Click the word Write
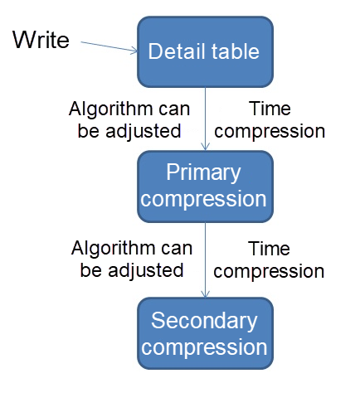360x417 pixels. tap(41, 39)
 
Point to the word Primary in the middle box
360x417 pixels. tap(203, 173)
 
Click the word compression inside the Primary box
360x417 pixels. tap(204, 200)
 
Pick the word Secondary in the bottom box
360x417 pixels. tap(204, 321)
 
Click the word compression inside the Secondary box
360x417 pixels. tap(204, 347)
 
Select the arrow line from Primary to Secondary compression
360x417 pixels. tap(204, 261)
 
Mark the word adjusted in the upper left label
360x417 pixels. tap(149, 130)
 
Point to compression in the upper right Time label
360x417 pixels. tap(274, 131)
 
